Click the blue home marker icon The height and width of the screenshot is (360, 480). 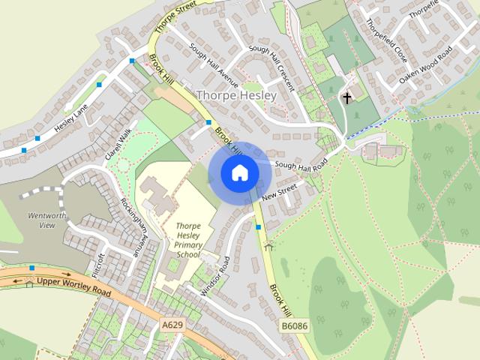(x=239, y=173)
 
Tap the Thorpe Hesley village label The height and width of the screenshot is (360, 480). (x=235, y=96)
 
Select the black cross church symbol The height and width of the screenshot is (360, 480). (x=346, y=97)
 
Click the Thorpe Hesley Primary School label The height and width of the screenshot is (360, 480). (x=188, y=239)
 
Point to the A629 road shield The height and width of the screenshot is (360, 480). (x=172, y=325)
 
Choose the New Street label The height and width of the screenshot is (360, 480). (x=280, y=194)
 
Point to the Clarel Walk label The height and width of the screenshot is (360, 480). (x=117, y=142)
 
